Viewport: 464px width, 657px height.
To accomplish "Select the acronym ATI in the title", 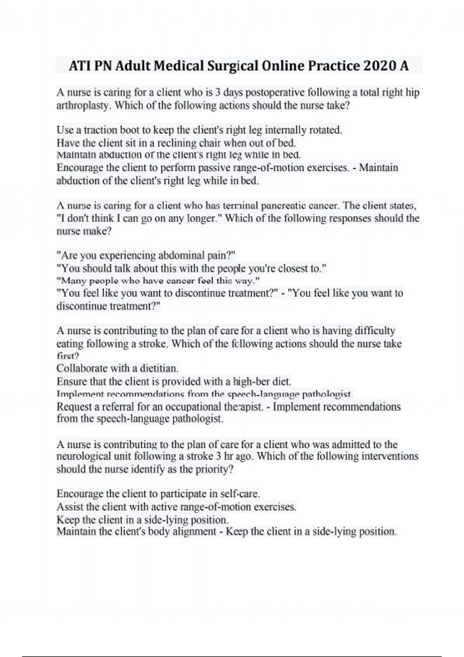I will [x=80, y=66].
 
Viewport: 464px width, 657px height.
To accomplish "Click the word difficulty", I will [x=372, y=331].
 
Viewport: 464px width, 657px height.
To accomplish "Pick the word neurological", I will [x=89, y=456].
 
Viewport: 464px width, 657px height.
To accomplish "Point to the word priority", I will [x=214, y=470].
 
